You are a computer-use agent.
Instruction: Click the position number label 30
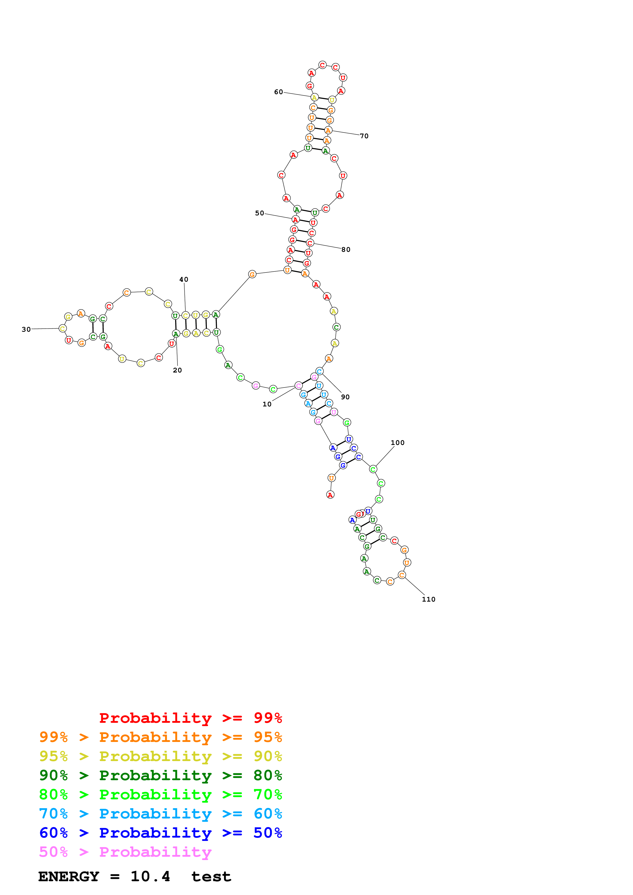point(26,329)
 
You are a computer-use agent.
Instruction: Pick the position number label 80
point(345,250)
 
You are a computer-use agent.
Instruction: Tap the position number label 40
point(184,279)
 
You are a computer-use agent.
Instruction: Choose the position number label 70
point(364,136)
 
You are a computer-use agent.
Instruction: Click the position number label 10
point(267,404)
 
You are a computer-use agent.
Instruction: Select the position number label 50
point(259,213)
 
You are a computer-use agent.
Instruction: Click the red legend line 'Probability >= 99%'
point(190,718)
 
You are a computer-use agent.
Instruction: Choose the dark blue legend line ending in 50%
point(160,833)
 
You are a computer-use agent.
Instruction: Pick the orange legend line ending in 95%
point(160,737)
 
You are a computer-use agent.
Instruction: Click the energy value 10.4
point(150,876)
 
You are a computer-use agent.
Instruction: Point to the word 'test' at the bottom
point(211,877)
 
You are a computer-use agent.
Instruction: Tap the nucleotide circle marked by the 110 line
point(402,575)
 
